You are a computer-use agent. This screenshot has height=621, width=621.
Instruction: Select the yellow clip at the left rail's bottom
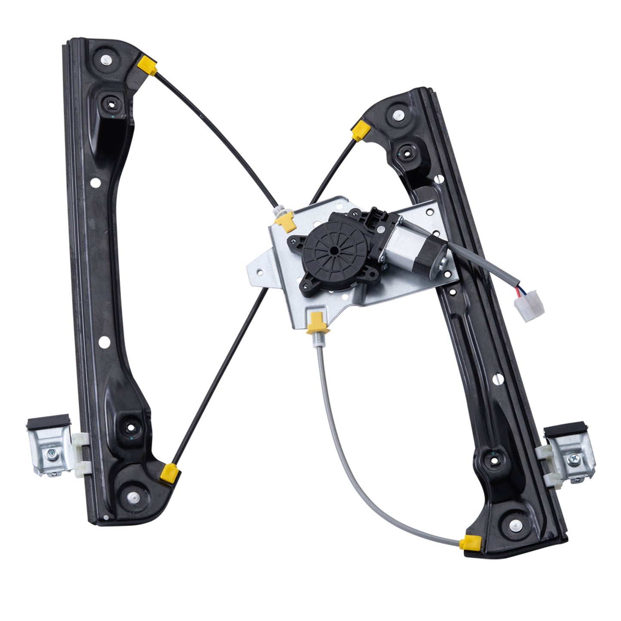click(x=169, y=472)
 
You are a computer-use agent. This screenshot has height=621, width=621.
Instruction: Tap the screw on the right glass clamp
click(x=574, y=459)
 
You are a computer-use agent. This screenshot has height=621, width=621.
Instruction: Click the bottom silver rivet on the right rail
click(x=514, y=524)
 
